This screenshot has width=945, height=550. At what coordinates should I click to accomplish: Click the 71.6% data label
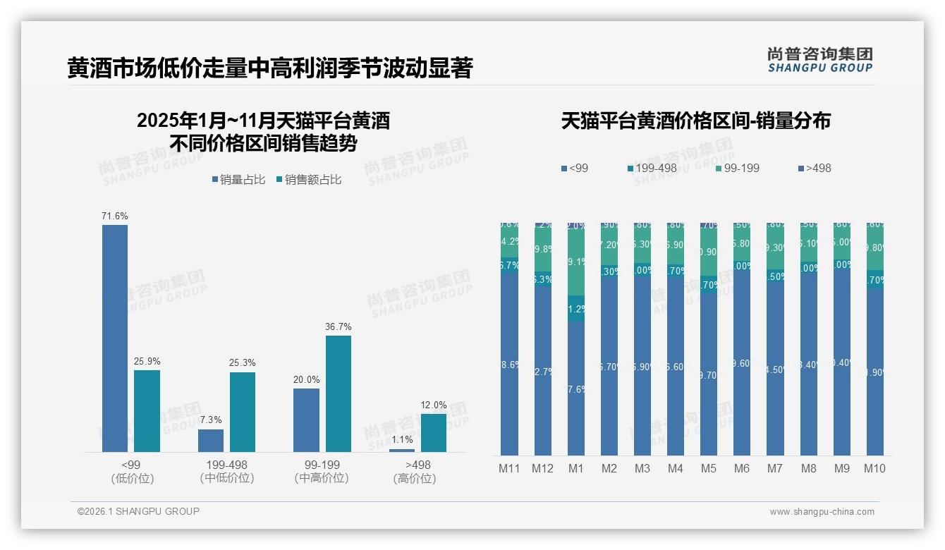[115, 216]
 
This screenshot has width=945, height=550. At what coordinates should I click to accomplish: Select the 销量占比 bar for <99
[115, 338]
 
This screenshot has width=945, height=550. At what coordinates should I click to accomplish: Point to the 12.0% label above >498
[434, 405]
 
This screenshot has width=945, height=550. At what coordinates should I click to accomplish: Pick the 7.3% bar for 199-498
[211, 441]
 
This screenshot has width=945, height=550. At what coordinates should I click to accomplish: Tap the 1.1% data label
[402, 440]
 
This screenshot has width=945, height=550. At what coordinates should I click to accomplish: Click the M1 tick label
[576, 468]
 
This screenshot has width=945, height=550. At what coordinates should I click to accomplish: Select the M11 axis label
[509, 468]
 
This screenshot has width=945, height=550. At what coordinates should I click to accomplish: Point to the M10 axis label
[874, 468]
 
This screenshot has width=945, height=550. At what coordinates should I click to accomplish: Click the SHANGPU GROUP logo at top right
[820, 59]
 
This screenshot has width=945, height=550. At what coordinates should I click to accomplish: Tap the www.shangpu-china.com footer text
[822, 512]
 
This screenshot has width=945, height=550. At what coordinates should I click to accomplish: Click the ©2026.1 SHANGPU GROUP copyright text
[138, 511]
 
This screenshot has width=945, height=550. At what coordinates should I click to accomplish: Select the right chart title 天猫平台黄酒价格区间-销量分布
[695, 121]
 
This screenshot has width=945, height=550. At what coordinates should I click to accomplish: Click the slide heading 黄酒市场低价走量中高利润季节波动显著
[270, 68]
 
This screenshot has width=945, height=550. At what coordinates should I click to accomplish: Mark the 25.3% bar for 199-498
[243, 412]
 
